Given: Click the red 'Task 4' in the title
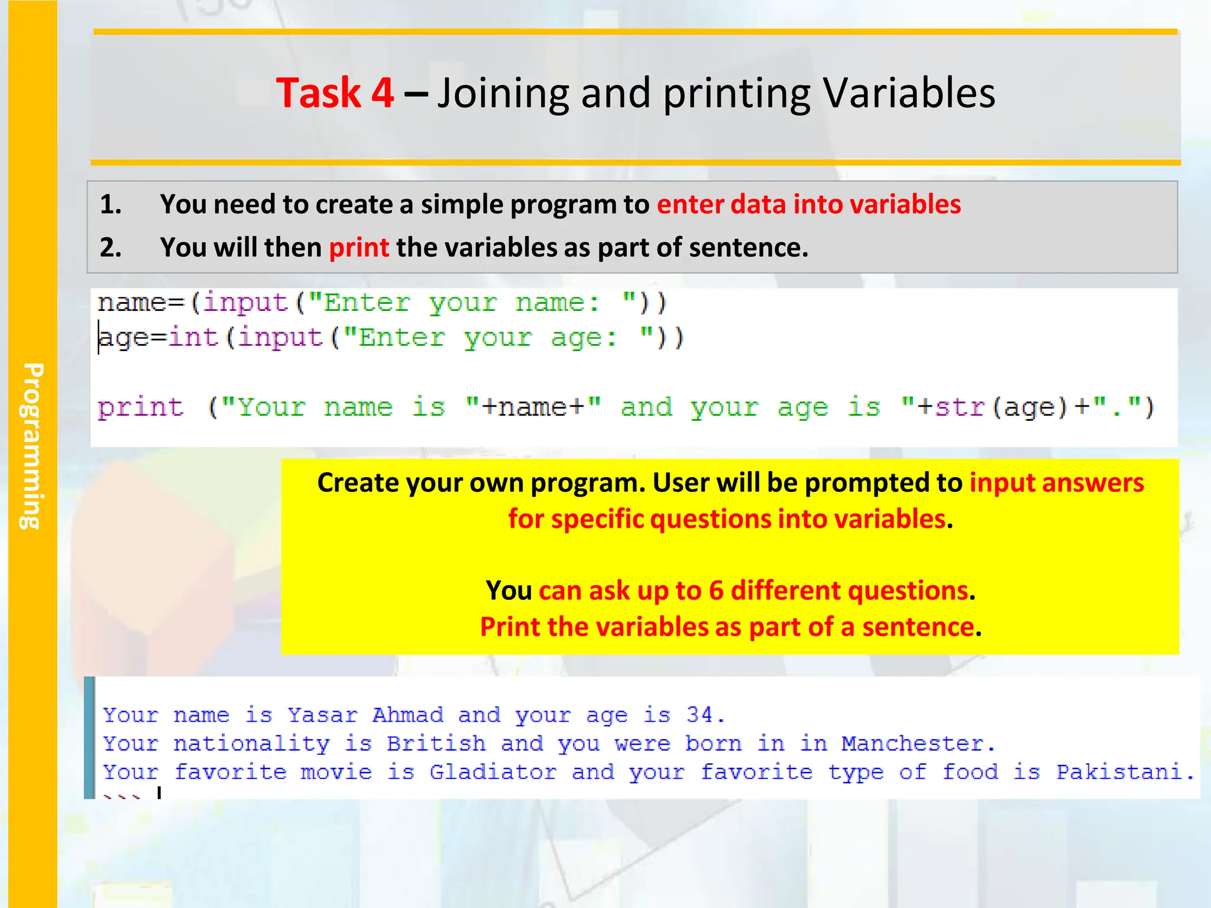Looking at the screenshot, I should [x=335, y=93].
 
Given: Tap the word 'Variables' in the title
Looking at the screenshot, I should [x=909, y=93].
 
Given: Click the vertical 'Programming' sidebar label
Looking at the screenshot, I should [x=33, y=446].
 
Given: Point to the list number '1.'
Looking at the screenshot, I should [x=111, y=205].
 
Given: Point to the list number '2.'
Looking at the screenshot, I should [x=111, y=248].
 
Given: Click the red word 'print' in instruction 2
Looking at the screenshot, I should [x=358, y=248].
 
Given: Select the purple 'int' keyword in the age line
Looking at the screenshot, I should [x=193, y=338].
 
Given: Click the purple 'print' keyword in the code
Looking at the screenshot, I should [x=141, y=407].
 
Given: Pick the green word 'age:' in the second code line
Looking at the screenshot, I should [x=583, y=338].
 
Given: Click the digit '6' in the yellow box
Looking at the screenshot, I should [x=715, y=591].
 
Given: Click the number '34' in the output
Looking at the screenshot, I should [x=700, y=715].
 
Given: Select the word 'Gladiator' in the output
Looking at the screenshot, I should [x=493, y=772].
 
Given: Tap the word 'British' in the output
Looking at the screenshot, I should [x=436, y=744].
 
